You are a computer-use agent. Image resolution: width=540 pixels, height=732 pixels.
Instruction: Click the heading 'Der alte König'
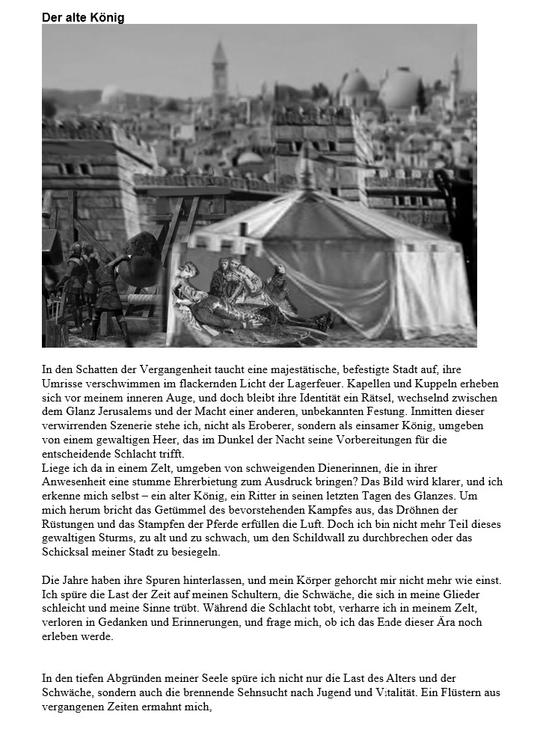tap(83, 17)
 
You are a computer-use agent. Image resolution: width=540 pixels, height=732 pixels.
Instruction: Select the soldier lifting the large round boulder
tap(107, 288)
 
